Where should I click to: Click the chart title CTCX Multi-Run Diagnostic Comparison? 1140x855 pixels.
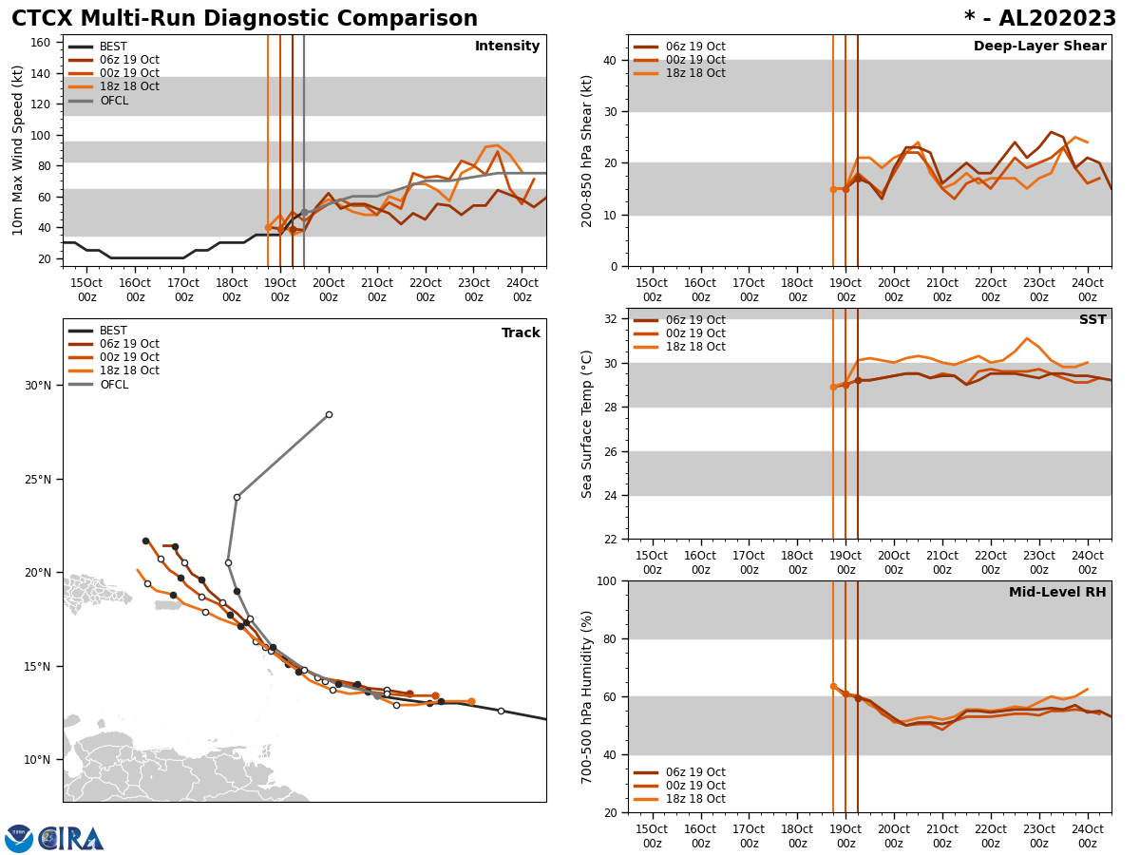click(244, 19)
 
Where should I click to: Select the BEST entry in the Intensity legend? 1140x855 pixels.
click(113, 47)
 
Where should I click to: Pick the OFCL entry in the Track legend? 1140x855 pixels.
click(114, 385)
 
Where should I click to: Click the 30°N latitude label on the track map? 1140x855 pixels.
click(39, 386)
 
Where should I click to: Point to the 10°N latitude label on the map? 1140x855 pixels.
click(39, 760)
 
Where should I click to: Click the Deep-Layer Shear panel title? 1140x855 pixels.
click(1039, 47)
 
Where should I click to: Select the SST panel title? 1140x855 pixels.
click(1092, 320)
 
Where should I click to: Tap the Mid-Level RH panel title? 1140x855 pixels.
click(1057, 593)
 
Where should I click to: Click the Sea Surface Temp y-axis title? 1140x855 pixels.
click(588, 424)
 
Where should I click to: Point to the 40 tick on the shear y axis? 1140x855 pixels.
click(609, 61)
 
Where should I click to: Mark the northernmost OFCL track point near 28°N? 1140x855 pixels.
click(329, 414)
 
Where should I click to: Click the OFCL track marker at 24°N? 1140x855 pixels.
click(237, 497)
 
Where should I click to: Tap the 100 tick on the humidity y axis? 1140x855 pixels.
click(605, 580)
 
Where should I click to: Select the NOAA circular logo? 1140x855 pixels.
click(18, 839)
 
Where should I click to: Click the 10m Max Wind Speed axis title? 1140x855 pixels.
click(18, 149)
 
